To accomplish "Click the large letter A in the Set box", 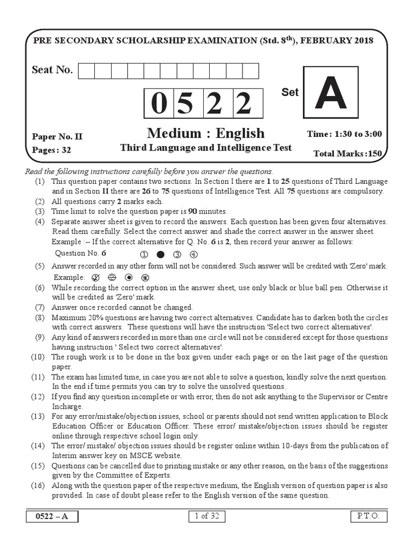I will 330,94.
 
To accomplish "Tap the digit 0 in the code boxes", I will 158,104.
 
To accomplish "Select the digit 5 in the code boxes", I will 187,104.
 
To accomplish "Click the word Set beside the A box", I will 289,92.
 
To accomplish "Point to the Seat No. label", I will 52,70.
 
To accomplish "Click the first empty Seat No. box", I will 86,71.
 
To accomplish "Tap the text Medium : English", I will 205,133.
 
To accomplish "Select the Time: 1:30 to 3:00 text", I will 344,134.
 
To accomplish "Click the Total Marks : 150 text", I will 348,154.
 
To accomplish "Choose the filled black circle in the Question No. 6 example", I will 160,254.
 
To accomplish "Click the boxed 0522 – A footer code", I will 52,516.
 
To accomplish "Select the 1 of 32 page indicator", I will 206,516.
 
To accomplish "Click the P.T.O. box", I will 368,516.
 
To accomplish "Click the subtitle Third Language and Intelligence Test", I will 205,147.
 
